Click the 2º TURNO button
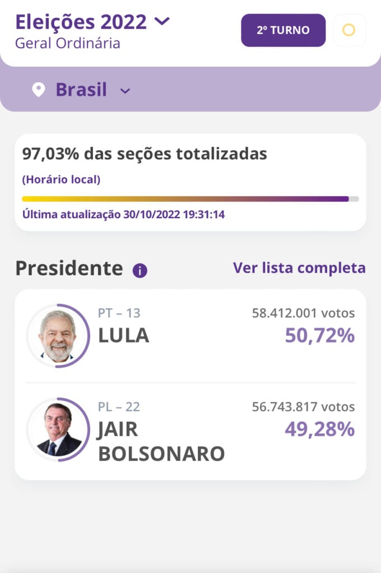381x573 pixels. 283,30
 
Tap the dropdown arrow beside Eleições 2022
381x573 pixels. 161,22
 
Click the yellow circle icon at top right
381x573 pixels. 349,30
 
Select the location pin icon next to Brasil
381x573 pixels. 38,90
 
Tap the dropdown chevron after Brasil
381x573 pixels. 126,91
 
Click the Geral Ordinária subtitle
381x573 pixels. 67,43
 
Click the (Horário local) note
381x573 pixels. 61,180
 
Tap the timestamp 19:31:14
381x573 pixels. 203,214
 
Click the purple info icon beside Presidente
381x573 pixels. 140,271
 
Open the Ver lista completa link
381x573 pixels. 299,268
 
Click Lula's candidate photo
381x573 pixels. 57,336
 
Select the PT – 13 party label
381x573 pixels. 119,313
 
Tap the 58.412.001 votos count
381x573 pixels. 303,313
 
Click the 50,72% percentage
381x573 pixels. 319,336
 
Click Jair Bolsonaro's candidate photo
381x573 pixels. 57,429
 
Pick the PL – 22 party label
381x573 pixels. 119,407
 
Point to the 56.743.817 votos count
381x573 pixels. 303,407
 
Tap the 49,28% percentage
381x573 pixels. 319,429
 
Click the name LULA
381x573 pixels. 123,336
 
